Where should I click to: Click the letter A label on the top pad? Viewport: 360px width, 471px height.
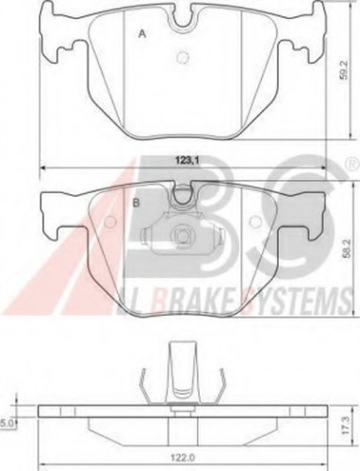(x=143, y=34)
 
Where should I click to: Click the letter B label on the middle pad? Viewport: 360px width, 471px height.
(x=136, y=203)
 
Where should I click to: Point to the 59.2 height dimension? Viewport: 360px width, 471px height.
(x=345, y=71)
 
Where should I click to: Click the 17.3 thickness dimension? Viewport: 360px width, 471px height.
(x=345, y=426)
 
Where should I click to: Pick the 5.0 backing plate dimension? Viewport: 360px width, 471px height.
(x=6, y=423)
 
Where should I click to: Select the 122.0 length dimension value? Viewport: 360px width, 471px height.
(x=184, y=457)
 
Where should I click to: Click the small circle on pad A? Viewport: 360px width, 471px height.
(x=183, y=57)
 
